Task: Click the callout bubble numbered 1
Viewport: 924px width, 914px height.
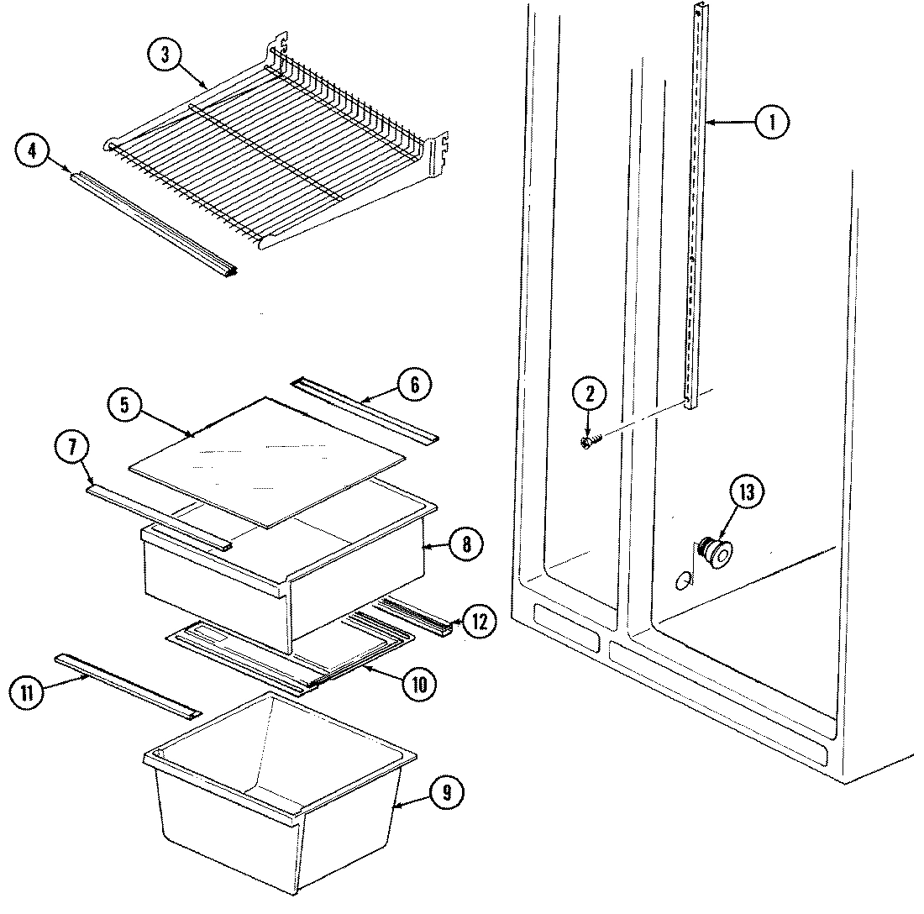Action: (771, 123)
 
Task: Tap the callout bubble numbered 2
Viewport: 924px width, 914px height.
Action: (590, 393)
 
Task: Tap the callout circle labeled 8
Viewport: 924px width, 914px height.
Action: (466, 543)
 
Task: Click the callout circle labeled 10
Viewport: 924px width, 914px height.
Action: (417, 685)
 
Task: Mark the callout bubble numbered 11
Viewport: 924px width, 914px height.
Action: (27, 693)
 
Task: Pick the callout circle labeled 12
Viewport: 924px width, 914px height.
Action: (479, 622)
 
